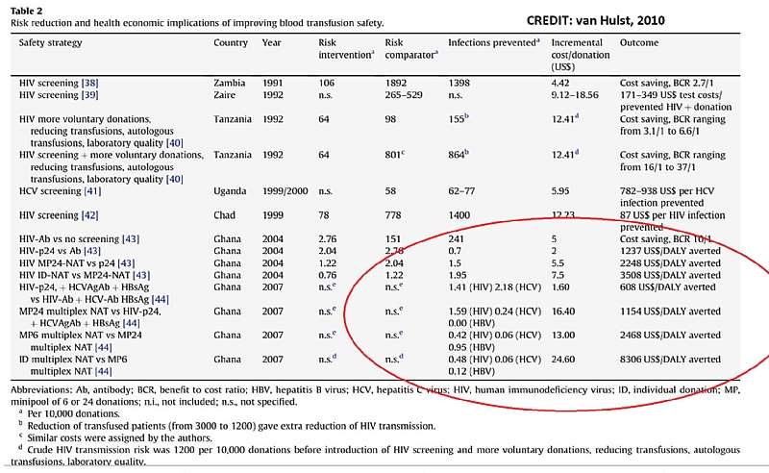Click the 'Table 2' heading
(x=26, y=11)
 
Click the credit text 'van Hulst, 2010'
(x=620, y=20)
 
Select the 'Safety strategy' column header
(x=51, y=42)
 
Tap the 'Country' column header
(x=231, y=42)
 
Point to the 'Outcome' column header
(x=639, y=42)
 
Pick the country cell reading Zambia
(x=230, y=83)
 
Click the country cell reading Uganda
(x=230, y=191)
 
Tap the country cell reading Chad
(x=225, y=215)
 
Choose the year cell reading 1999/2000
(x=285, y=191)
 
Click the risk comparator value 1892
(x=396, y=83)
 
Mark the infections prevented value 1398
(x=459, y=83)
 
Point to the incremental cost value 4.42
(x=560, y=83)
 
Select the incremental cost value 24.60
(x=563, y=360)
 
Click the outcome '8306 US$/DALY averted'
(x=670, y=360)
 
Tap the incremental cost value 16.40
(x=563, y=311)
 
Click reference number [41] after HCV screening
(x=92, y=191)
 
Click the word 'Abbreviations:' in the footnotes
(x=41, y=390)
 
